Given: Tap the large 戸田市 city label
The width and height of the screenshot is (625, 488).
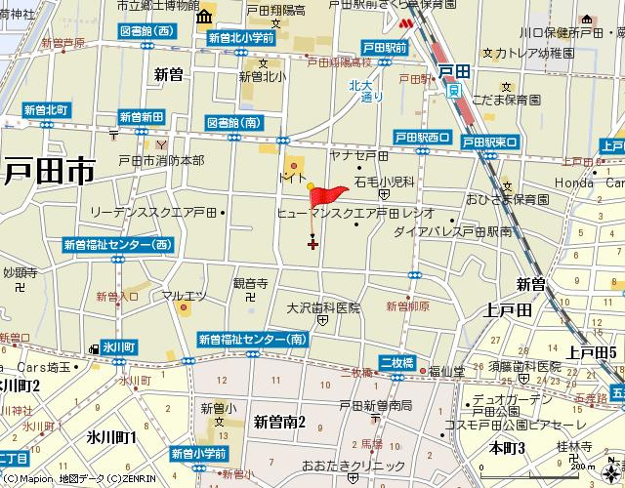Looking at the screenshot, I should [x=49, y=173].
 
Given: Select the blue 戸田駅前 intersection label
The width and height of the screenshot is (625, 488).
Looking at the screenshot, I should [x=384, y=47].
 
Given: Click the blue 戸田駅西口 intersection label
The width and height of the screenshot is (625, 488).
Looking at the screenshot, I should [x=422, y=138].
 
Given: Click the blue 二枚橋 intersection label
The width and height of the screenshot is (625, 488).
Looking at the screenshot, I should [x=397, y=362].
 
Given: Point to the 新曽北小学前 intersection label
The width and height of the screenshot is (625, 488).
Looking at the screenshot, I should [x=240, y=38].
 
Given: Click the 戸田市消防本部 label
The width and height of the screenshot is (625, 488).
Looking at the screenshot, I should [x=161, y=160].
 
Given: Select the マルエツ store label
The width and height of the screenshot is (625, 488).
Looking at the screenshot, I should [x=183, y=295].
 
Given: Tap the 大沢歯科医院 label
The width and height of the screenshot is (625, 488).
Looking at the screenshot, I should [x=323, y=307].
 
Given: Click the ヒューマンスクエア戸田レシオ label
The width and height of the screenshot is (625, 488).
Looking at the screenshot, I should [x=355, y=212].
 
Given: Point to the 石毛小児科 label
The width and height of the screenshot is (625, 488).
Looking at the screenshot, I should [x=385, y=182].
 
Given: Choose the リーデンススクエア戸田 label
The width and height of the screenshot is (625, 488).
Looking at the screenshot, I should [x=152, y=211].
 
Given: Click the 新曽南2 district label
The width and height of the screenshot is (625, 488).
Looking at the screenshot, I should [x=279, y=422].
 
